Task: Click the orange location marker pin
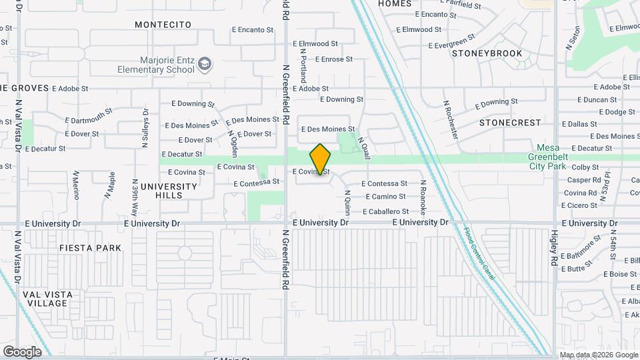(x=321, y=159)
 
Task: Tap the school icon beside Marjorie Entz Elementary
(x=205, y=64)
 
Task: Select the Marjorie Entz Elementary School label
(x=156, y=65)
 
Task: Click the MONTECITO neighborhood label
(x=163, y=25)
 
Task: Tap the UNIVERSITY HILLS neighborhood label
(x=169, y=191)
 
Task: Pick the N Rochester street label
(x=451, y=119)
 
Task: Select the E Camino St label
(x=386, y=197)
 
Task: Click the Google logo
(x=22, y=351)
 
